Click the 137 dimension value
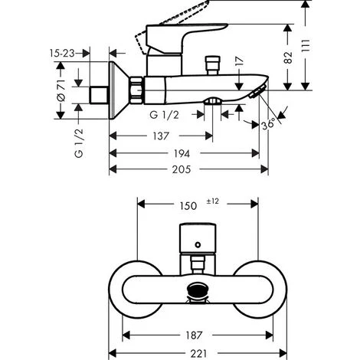tap(159, 136)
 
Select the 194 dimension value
tap(182, 153)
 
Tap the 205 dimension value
tap(182, 171)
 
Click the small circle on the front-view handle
tap(197, 246)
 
